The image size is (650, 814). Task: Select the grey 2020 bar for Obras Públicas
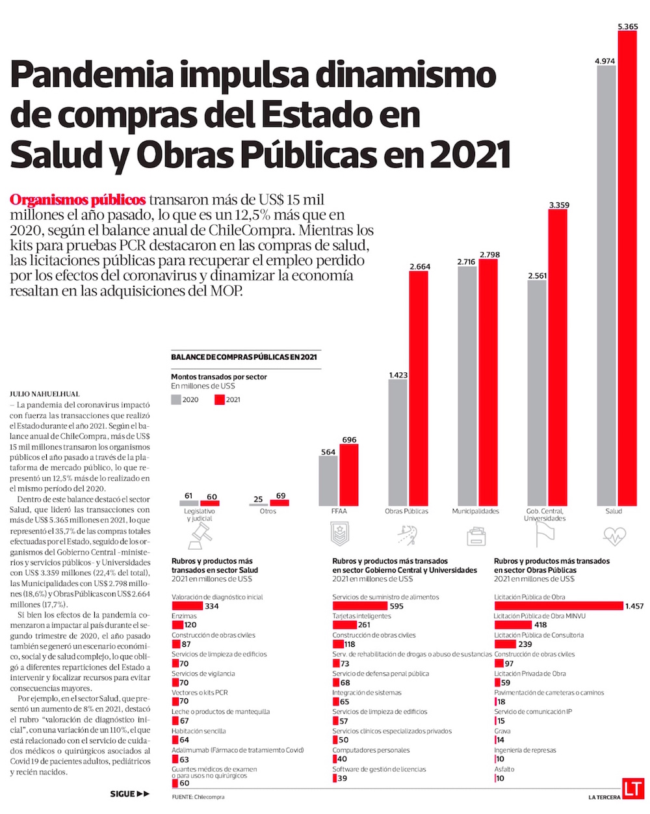point(398,442)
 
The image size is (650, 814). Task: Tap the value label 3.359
point(558,205)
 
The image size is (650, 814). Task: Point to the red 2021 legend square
point(219,400)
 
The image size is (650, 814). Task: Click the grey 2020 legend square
point(176,400)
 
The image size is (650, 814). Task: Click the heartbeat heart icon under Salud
point(614,536)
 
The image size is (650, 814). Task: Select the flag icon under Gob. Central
point(544,536)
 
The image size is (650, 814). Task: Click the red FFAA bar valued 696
point(349,475)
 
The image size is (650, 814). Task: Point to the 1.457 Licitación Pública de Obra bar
point(558,606)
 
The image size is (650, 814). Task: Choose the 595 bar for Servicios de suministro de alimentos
point(359,606)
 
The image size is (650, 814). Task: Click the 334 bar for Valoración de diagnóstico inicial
point(187,606)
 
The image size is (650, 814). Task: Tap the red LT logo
point(632,789)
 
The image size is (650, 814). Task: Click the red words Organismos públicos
point(77,199)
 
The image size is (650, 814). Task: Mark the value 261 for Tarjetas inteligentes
point(364,625)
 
